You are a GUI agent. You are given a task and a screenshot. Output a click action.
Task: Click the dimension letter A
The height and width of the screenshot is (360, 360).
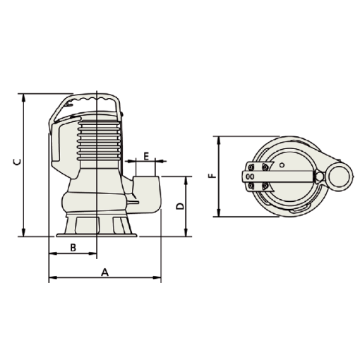(105, 272)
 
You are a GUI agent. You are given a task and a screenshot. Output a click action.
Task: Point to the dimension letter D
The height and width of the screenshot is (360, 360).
(180, 206)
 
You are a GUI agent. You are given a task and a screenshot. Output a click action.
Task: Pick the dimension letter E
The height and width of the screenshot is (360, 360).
(146, 155)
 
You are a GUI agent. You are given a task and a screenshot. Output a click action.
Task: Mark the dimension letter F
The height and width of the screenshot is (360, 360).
(211, 176)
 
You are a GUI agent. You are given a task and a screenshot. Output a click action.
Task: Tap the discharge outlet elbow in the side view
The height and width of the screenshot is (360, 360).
(148, 191)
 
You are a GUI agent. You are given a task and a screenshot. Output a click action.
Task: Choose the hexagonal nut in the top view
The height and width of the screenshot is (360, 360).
(318, 176)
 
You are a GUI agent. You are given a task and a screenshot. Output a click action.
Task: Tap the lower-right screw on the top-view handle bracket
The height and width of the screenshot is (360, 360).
(265, 186)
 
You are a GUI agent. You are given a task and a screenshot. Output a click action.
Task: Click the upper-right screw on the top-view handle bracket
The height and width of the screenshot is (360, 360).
(265, 167)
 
